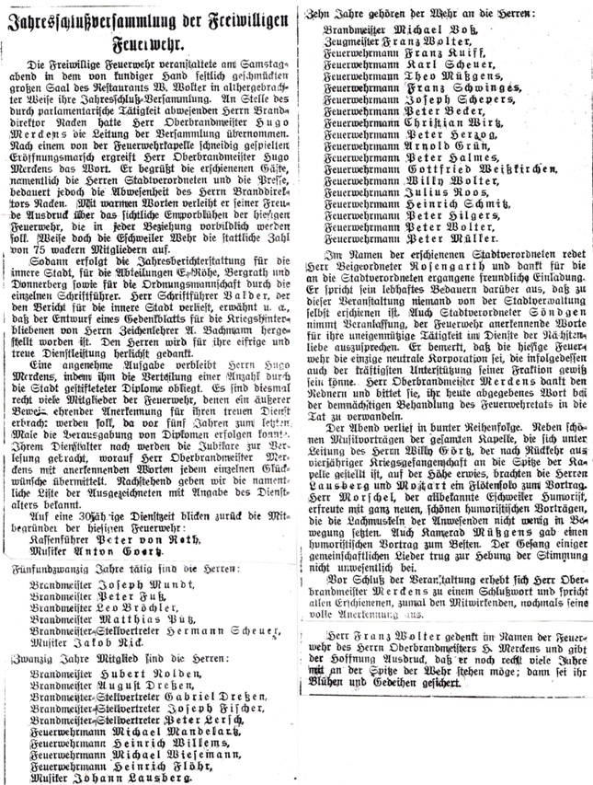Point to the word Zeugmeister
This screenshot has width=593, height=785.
[358, 43]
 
